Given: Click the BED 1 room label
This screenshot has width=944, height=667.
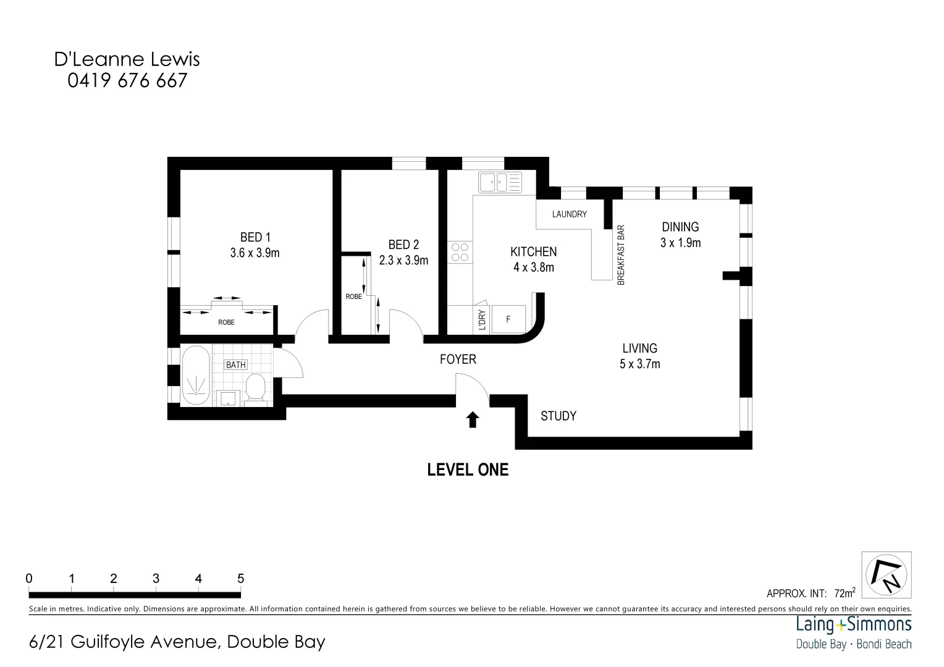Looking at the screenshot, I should coord(255,237).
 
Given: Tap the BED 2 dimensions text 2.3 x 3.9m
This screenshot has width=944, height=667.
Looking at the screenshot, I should coord(403,261).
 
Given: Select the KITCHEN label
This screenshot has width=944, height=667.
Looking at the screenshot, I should coord(533,252).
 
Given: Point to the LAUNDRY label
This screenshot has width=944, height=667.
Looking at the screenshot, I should coord(569,214).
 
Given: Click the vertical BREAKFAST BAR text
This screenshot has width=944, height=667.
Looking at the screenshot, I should coord(622,254).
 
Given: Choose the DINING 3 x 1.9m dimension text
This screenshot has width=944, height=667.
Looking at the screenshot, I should coord(680,243).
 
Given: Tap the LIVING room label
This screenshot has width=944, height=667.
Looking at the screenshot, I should coord(639,348).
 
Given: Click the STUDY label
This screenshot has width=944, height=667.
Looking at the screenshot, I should coord(558,416).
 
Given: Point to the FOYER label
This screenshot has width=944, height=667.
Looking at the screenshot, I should coord(458,359).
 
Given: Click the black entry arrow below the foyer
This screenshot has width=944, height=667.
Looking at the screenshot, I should coord(473,420).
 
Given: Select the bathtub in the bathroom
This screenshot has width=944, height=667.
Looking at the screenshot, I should coord(196,375).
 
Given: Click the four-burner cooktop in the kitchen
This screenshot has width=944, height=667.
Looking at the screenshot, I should coord(460,252).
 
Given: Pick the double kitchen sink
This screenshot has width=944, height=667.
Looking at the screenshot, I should coord(500,182).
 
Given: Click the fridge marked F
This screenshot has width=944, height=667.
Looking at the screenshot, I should coord(508,319).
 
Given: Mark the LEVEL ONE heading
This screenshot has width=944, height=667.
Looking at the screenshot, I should coord(468,470).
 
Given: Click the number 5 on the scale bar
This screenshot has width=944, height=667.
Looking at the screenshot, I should coord(240,579).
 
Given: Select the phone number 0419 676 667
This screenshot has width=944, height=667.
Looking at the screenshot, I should coord(127,80).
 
